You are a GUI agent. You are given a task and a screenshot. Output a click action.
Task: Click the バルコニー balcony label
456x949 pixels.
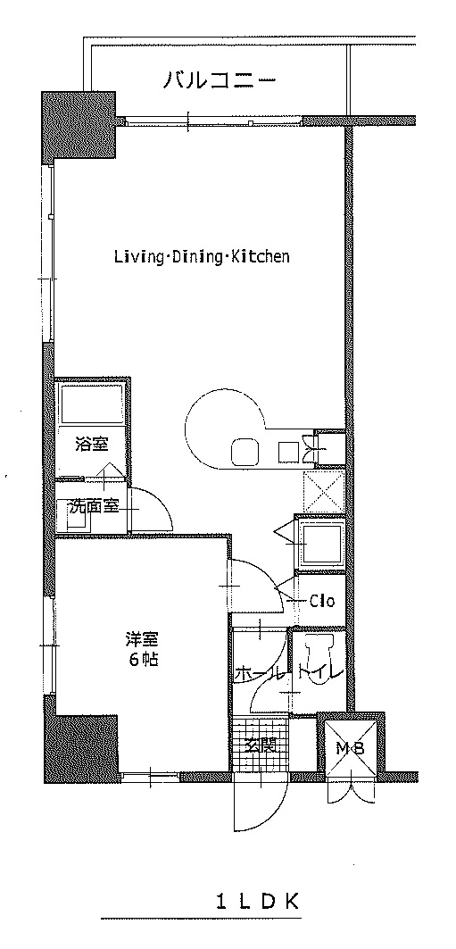(x=220, y=79)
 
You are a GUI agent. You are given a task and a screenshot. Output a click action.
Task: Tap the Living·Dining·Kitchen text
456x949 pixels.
(x=202, y=256)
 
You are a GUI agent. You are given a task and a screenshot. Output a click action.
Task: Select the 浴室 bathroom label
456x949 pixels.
(x=92, y=445)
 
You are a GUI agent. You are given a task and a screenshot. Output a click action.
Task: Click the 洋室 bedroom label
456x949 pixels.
(x=142, y=638)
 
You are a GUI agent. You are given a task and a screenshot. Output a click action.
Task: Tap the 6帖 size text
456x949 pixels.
(x=143, y=660)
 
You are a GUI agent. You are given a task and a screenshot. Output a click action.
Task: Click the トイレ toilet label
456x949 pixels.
(x=320, y=672)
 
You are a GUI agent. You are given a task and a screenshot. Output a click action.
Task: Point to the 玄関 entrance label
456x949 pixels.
(x=260, y=745)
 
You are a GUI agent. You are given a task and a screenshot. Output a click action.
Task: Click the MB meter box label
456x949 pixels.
(x=351, y=749)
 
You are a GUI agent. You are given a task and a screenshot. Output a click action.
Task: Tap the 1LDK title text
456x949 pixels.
(x=258, y=903)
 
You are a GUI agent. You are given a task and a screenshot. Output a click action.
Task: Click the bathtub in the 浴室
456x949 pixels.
(x=91, y=404)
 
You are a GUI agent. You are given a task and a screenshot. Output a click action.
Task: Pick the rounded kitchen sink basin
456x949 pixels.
(x=245, y=452)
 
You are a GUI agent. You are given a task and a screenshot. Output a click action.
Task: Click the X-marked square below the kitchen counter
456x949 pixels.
(x=324, y=491)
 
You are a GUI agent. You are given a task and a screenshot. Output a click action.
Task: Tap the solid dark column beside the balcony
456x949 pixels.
(x=78, y=125)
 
